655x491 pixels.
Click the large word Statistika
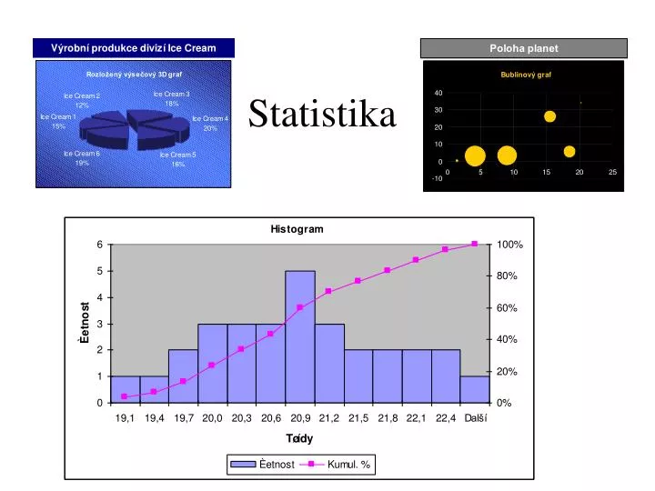pyautogui.click(x=322, y=115)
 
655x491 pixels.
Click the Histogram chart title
pyautogui.click(x=297, y=229)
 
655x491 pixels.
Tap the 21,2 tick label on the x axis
pyautogui.click(x=329, y=417)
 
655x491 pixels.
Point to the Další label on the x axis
pyautogui.click(x=476, y=417)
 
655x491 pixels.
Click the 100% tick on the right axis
pyautogui.click(x=509, y=245)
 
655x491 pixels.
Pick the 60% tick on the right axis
pyautogui.click(x=507, y=308)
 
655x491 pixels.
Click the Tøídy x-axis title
pyautogui.click(x=299, y=438)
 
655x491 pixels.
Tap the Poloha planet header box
pyautogui.click(x=524, y=48)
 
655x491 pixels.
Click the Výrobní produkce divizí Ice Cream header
pyautogui.click(x=133, y=47)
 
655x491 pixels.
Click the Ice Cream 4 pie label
pyautogui.click(x=210, y=123)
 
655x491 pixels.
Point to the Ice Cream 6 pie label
pyautogui.click(x=82, y=158)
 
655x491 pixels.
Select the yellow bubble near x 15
pyautogui.click(x=549, y=116)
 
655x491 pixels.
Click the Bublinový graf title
pyautogui.click(x=526, y=75)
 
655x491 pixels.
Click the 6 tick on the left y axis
pyautogui.click(x=100, y=245)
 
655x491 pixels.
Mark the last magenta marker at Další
pyautogui.click(x=475, y=244)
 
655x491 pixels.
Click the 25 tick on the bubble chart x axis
pyautogui.click(x=612, y=172)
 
